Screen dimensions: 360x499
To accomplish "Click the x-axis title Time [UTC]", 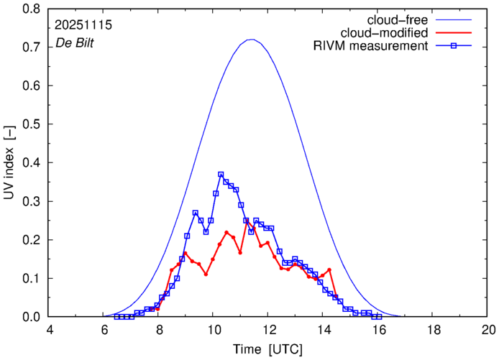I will click(x=268, y=349).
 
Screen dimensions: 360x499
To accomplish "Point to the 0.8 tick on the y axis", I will click(x=31, y=9).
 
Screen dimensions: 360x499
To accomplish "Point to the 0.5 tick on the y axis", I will click(x=31, y=124).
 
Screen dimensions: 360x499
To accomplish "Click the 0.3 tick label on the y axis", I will click(x=31, y=201).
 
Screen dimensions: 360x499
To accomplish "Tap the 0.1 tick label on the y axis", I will click(x=31, y=278).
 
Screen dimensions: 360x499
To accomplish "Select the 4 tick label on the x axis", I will click(x=50, y=330).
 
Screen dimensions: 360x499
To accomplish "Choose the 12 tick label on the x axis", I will click(x=268, y=330).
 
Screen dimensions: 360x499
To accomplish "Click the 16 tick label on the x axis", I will click(x=378, y=330).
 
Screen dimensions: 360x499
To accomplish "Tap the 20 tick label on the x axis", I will click(x=488, y=330).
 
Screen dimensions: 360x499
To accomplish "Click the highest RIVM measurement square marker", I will click(x=221, y=175).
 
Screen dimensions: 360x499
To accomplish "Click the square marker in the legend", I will click(x=457, y=47).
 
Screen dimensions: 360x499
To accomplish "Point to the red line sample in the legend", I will click(x=457, y=33).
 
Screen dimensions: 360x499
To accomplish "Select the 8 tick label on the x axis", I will click(x=159, y=330).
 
